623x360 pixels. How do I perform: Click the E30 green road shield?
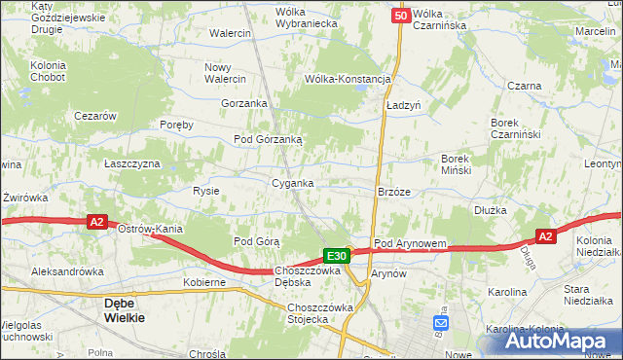click(x=337, y=256)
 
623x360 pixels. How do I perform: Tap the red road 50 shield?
click(x=400, y=17)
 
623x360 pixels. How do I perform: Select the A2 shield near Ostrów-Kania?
click(x=96, y=223)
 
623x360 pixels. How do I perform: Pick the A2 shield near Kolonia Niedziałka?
click(x=545, y=236)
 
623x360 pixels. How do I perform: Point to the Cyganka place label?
click(x=292, y=183)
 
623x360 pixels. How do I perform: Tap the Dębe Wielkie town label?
click(x=125, y=309)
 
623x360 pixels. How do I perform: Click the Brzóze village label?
click(x=394, y=193)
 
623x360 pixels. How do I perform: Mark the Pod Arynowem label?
click(x=410, y=243)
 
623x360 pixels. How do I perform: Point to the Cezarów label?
click(x=96, y=116)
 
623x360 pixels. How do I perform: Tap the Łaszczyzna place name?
click(x=132, y=163)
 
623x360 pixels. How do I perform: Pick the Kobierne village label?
click(x=204, y=282)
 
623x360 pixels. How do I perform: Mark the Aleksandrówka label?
click(x=67, y=271)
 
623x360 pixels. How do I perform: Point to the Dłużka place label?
click(x=492, y=209)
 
